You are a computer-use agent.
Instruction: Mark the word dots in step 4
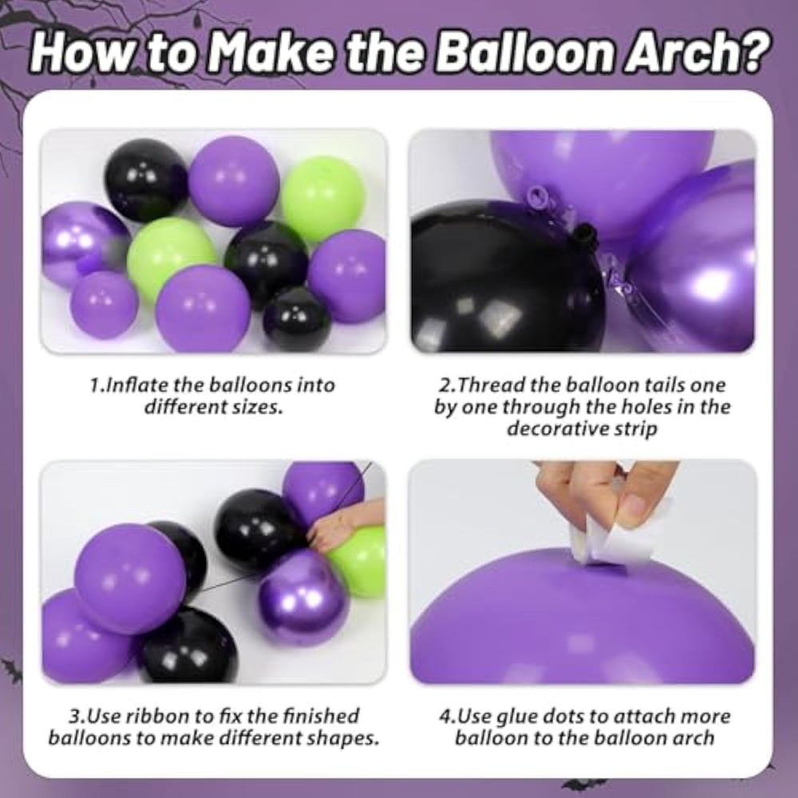click(x=563, y=716)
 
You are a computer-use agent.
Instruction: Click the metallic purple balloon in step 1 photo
click(x=81, y=244)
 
